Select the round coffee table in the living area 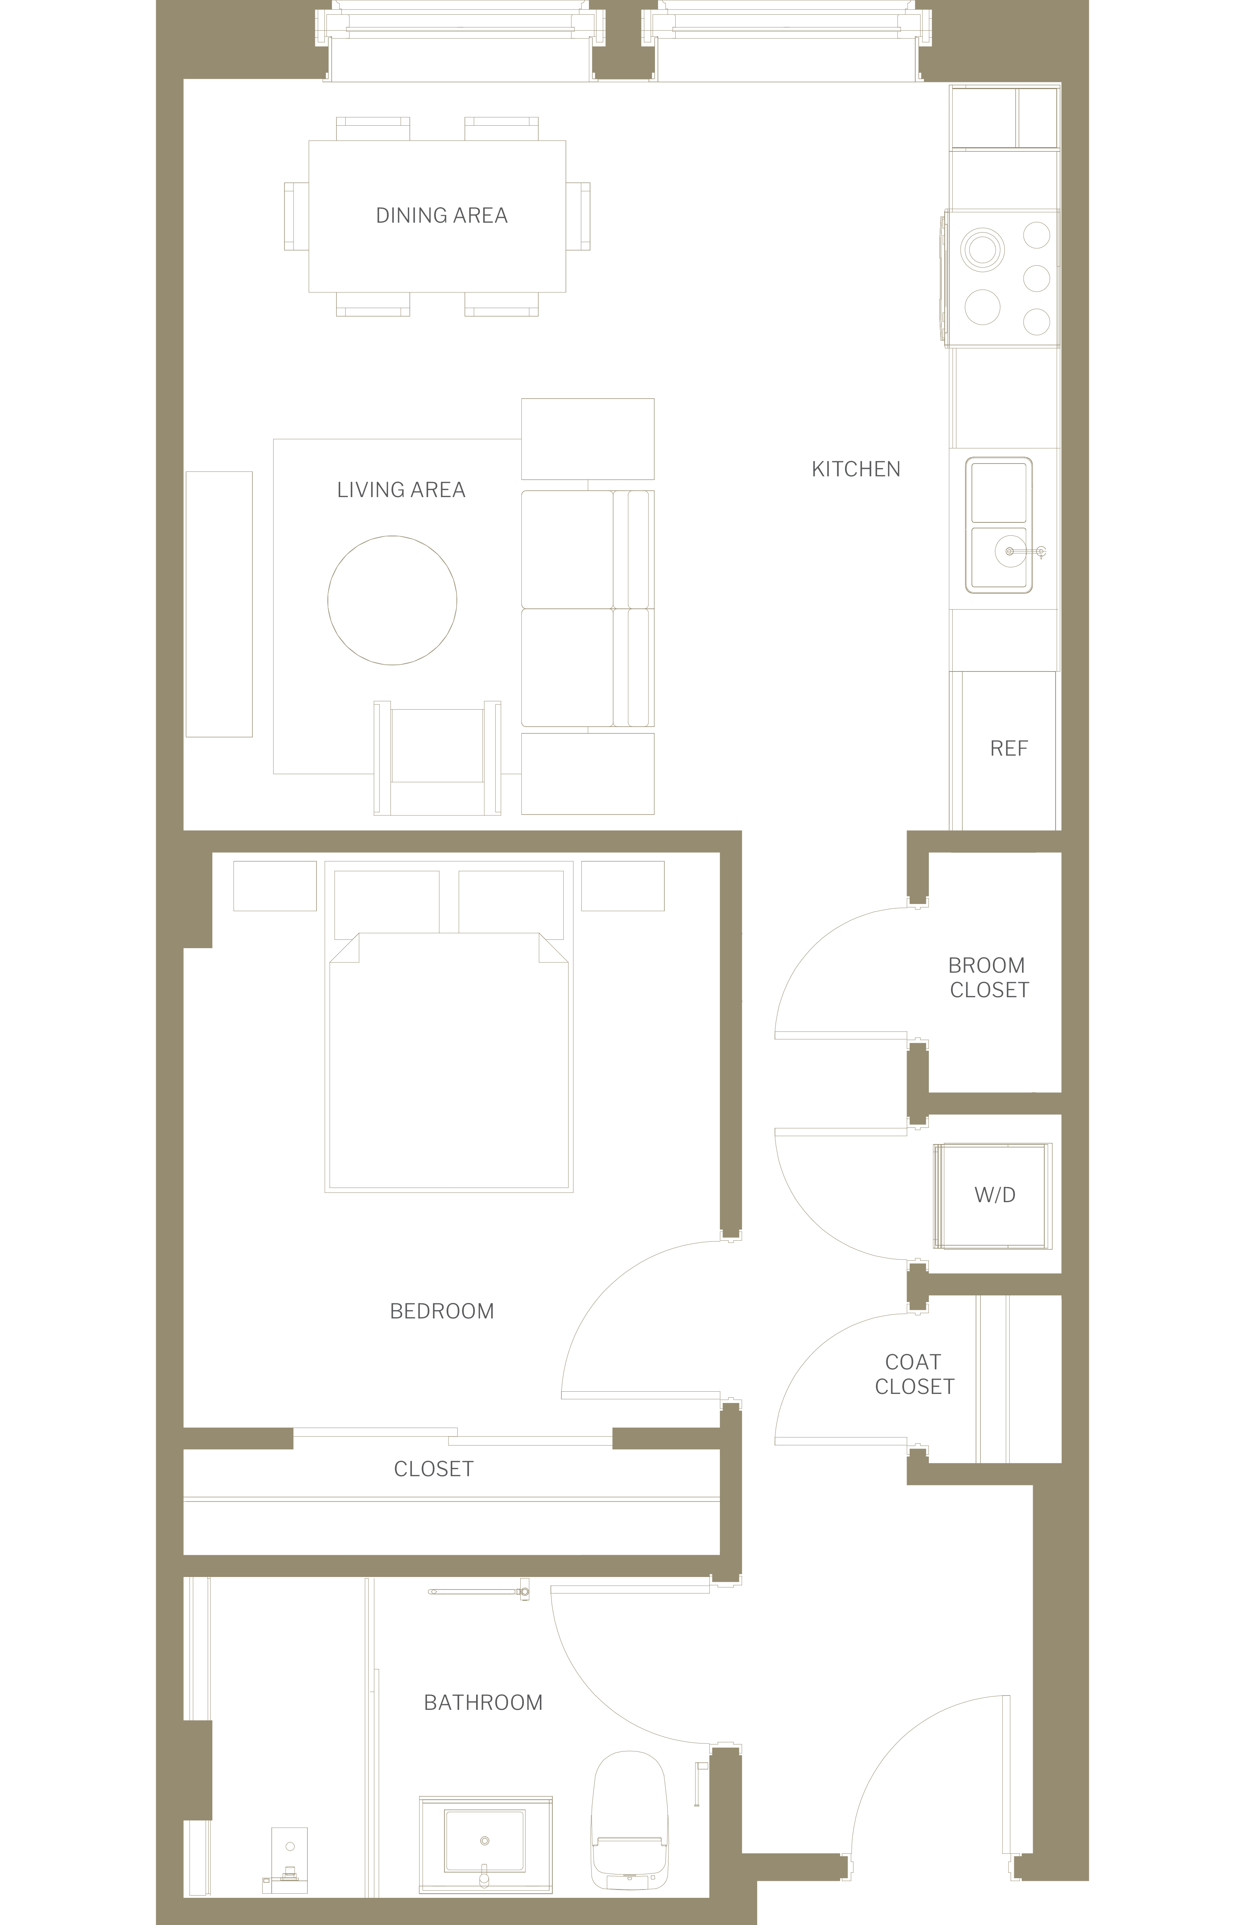pyautogui.click(x=392, y=600)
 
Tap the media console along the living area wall pyautogui.click(x=219, y=604)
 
